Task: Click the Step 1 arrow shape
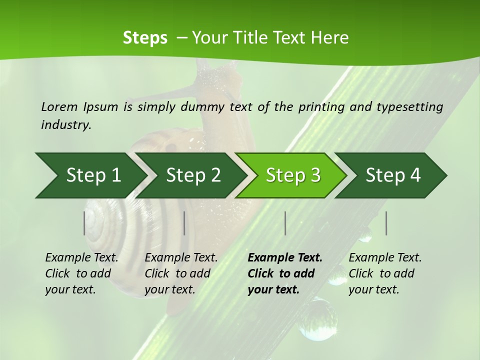(90, 175)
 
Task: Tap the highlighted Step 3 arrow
(292, 175)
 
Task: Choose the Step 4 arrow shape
(392, 175)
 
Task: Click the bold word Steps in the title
(145, 38)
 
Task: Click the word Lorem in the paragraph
(59, 107)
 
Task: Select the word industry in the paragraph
(65, 125)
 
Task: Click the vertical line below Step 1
(84, 223)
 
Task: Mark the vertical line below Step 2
(184, 223)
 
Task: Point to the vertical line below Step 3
(285, 223)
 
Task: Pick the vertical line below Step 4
(386, 223)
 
